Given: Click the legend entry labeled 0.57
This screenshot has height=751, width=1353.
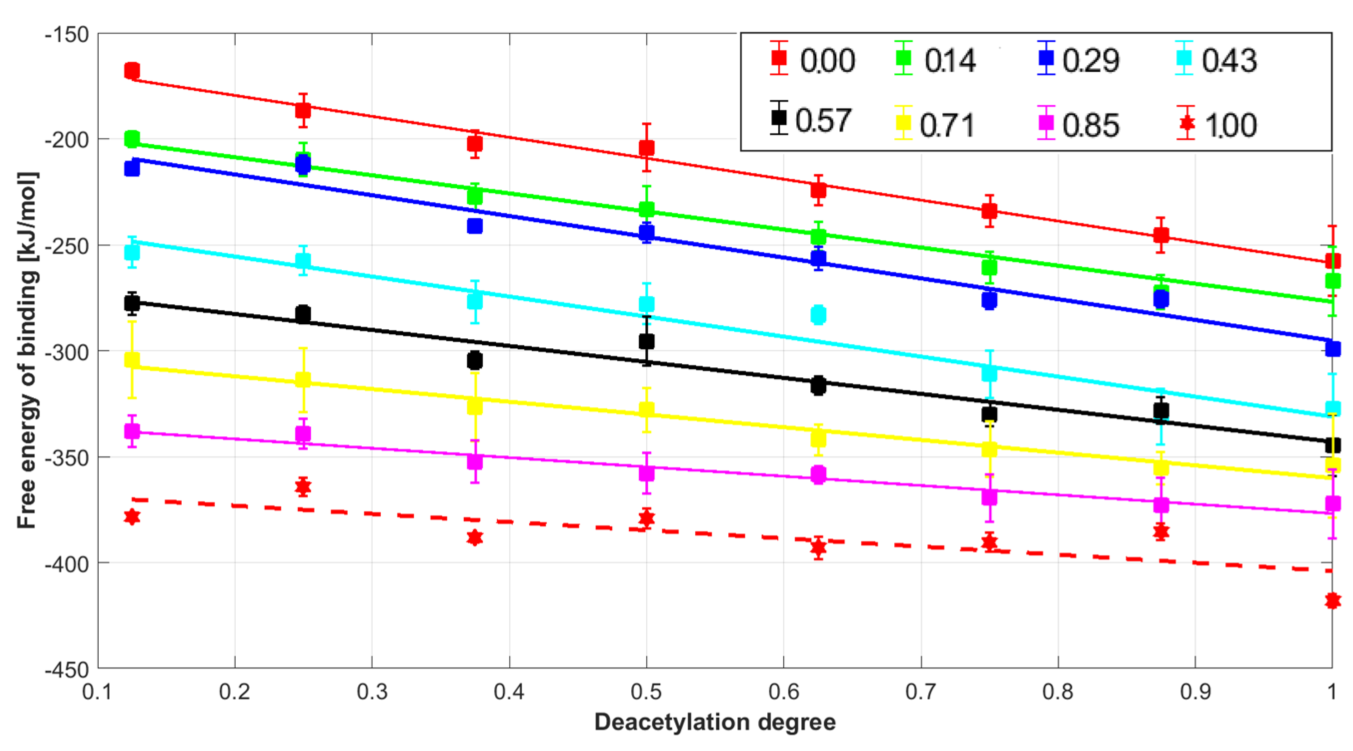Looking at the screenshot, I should [x=809, y=120].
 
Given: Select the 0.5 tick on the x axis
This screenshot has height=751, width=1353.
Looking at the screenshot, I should [x=646, y=692].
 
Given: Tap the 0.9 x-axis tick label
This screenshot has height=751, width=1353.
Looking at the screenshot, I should [x=1195, y=692].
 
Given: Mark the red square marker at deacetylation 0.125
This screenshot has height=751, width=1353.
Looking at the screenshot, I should [x=132, y=70].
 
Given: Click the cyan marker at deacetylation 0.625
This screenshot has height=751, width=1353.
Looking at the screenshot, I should [x=818, y=315].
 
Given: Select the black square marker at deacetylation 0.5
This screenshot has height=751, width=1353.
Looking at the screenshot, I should [x=647, y=341].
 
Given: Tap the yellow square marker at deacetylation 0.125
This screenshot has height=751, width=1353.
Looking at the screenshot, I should [x=132, y=360].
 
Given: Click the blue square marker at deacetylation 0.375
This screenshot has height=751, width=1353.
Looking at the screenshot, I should [x=475, y=226].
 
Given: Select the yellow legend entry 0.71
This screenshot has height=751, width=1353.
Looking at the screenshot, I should [x=935, y=124].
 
